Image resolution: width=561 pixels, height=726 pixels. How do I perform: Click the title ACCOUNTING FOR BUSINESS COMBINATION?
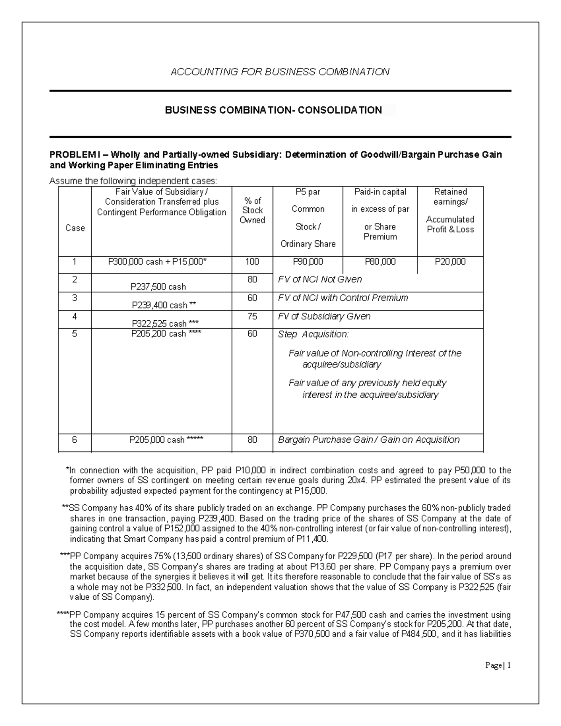[280, 72]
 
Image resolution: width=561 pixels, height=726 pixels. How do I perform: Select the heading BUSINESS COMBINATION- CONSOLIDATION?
[273, 110]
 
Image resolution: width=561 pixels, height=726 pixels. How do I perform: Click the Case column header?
[75, 228]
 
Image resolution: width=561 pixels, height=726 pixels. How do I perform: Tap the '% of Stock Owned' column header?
[252, 210]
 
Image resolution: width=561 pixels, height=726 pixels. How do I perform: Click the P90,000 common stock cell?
[308, 262]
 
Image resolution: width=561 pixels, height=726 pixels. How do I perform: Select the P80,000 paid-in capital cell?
[380, 262]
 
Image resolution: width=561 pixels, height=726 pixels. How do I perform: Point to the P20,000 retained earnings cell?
[450, 262]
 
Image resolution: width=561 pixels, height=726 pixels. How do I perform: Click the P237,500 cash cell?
[159, 287]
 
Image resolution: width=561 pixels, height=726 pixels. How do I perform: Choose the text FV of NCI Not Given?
[320, 280]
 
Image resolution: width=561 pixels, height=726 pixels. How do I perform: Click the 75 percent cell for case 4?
[252, 316]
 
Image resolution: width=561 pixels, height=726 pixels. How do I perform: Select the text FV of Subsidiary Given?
[324, 316]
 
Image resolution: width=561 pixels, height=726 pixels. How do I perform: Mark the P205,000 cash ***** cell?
[166, 440]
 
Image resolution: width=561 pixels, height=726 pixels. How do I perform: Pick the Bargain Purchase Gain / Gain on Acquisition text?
[368, 440]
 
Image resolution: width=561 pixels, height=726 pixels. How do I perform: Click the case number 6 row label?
[74, 440]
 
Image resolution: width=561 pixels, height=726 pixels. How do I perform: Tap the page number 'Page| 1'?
[498, 666]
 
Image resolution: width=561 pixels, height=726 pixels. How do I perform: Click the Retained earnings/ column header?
[450, 196]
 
